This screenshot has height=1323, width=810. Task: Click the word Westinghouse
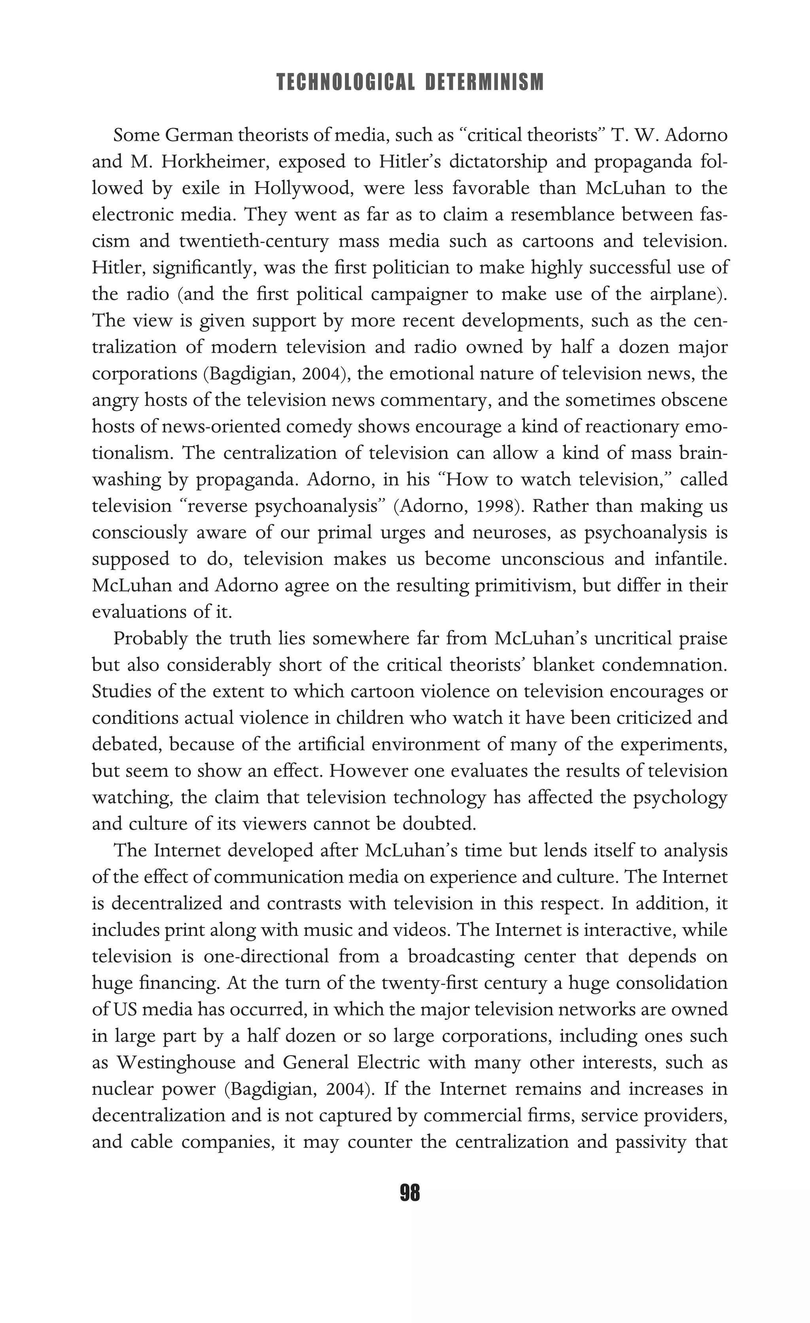click(x=177, y=1062)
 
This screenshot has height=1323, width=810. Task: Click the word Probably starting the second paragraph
click(x=150, y=639)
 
